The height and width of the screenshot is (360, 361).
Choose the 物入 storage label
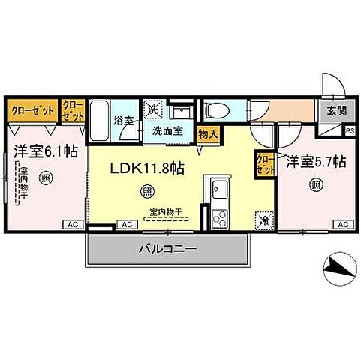coord(208,134)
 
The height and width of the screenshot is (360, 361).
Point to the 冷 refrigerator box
coord(263,220)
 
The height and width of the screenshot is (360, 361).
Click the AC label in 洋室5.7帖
coord(342,224)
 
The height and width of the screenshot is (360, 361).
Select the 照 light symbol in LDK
coord(146,193)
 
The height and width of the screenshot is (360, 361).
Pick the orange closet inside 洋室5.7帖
coord(264,163)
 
